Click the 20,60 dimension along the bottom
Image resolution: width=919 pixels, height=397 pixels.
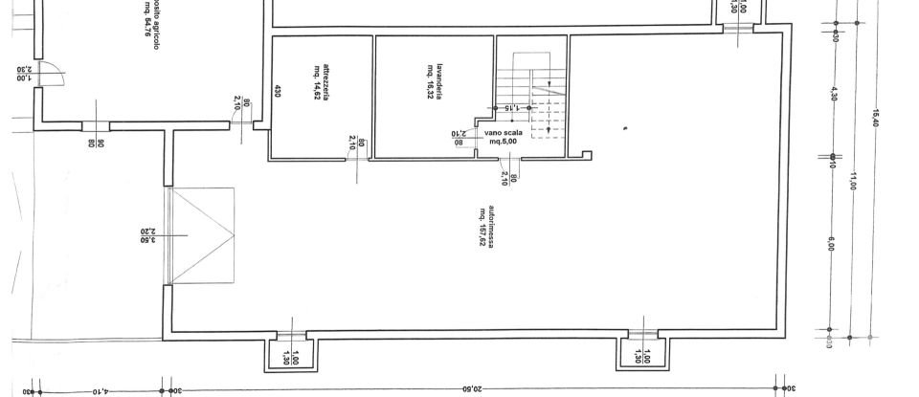[471, 389]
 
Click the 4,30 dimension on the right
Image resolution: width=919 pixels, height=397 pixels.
[833, 95]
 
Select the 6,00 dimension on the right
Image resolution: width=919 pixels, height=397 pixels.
[831, 244]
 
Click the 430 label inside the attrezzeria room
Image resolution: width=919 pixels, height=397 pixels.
[278, 92]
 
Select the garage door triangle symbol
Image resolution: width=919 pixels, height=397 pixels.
[203, 234]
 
